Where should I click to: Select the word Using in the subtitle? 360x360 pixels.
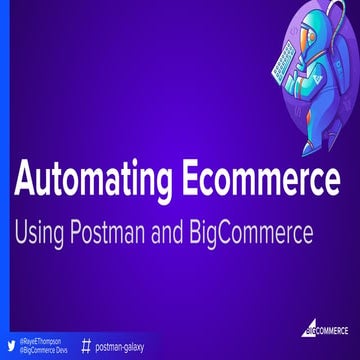point(39,234)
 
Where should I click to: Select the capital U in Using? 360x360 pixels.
point(20,234)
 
